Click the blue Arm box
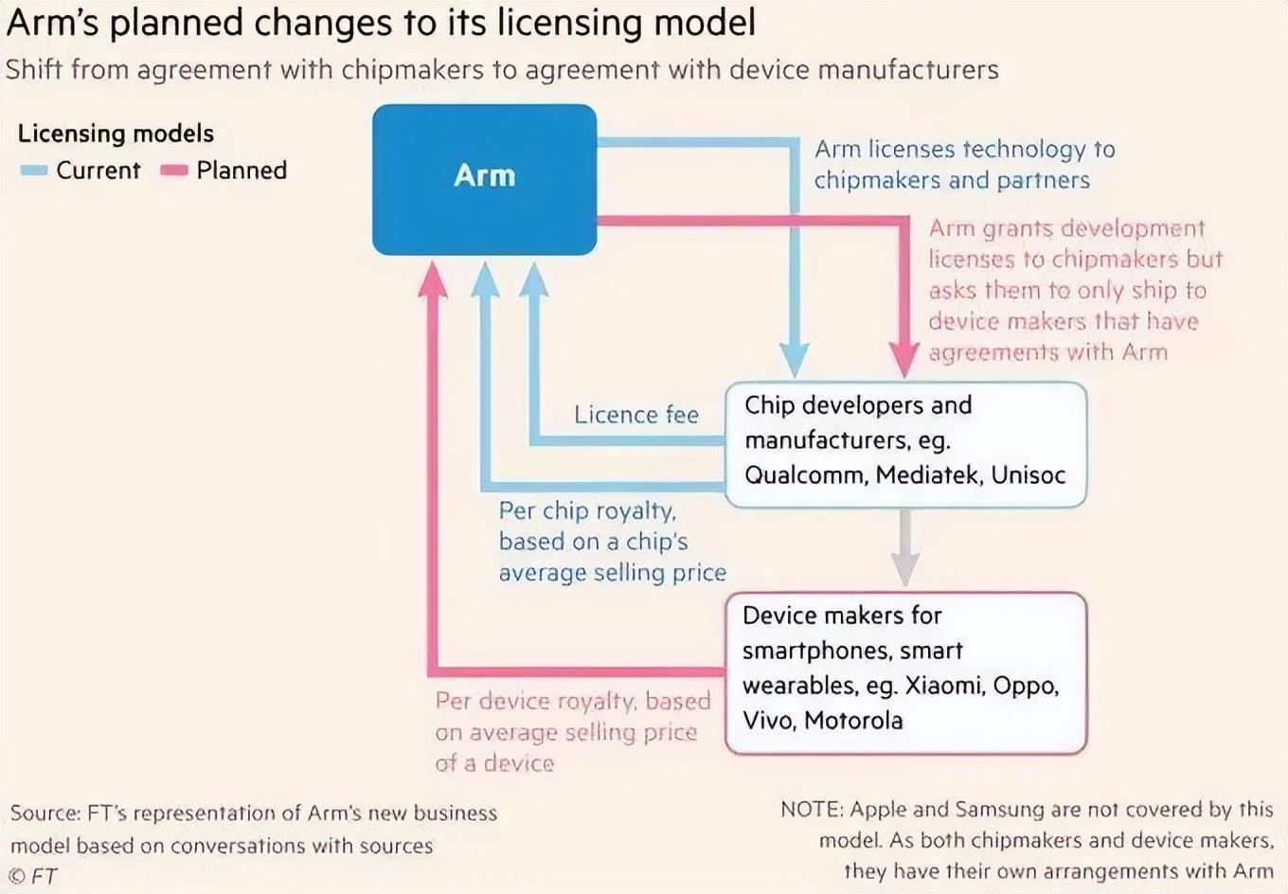click(x=484, y=179)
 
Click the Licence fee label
click(x=635, y=415)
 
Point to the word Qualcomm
click(x=805, y=474)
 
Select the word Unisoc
click(x=1029, y=474)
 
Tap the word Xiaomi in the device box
click(x=943, y=685)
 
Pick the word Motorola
click(x=853, y=721)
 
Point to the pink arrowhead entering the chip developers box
click(x=904, y=363)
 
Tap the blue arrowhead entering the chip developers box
click(x=794, y=361)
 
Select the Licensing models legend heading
click(x=116, y=134)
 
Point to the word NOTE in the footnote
click(x=812, y=810)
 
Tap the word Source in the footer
click(x=45, y=814)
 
